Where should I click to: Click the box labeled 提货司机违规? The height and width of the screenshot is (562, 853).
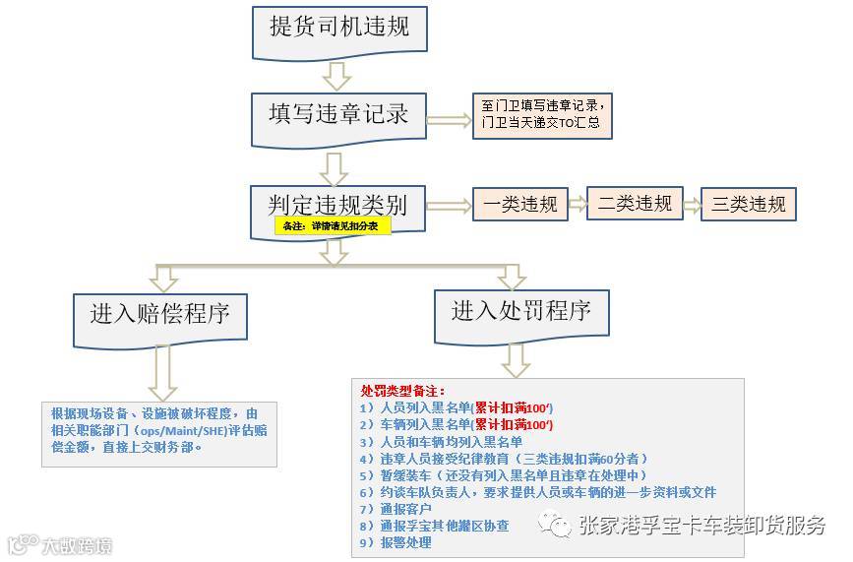click(x=338, y=28)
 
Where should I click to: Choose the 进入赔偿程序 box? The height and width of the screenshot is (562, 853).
click(x=159, y=315)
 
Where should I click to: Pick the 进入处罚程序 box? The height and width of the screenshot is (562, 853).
click(x=520, y=312)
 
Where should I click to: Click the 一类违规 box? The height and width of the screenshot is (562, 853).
click(x=520, y=204)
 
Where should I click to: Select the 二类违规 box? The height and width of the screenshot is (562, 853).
click(x=635, y=203)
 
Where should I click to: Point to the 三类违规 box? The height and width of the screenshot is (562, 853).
click(x=749, y=204)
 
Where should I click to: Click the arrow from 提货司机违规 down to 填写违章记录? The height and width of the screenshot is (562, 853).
click(x=338, y=75)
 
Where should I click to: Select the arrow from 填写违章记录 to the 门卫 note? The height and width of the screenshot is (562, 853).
click(x=448, y=119)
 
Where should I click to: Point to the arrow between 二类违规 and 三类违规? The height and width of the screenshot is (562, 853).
click(x=692, y=205)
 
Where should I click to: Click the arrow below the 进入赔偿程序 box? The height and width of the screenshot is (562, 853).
click(x=159, y=374)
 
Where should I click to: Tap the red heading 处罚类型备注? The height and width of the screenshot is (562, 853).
click(x=402, y=391)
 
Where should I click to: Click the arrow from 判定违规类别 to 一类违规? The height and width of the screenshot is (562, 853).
click(x=448, y=205)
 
